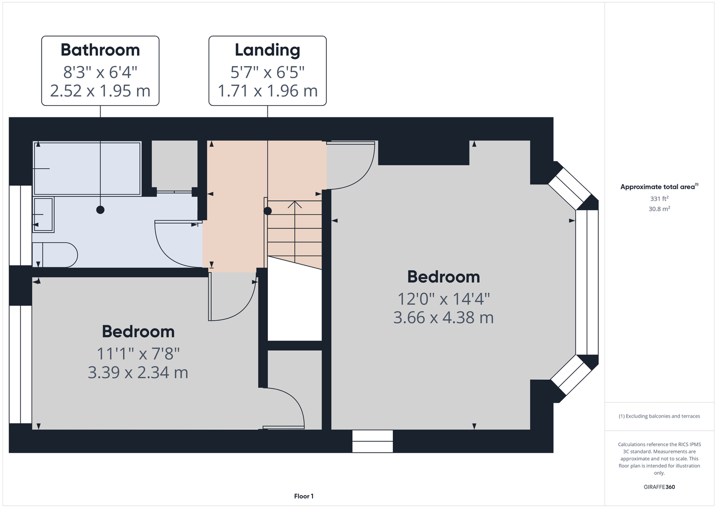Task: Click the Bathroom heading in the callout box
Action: coord(100,50)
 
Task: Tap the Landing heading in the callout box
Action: coord(267,50)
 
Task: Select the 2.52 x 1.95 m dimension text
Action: coord(100,91)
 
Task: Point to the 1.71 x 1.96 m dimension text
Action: coord(267,91)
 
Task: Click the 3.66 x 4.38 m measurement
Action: coord(443,317)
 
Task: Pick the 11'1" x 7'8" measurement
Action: coord(139,354)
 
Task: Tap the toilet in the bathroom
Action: coord(55,255)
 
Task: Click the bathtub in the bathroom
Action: coord(87,168)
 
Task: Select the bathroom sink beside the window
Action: coord(43,215)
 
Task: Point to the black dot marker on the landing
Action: coord(267,211)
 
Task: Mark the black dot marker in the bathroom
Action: coord(100,210)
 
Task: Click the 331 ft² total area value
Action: coord(659,199)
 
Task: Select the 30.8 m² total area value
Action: coord(659,209)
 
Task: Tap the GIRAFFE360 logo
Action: coord(659,487)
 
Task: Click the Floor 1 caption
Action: coord(304,496)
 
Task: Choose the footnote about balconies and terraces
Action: coord(659,416)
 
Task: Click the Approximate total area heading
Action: coord(659,186)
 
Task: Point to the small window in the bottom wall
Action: coord(372,441)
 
